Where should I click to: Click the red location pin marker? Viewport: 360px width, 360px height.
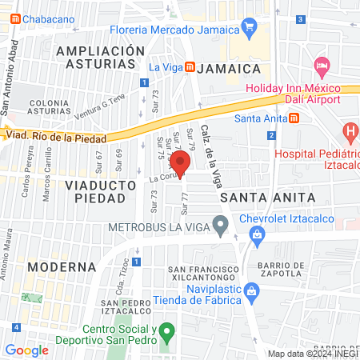(181, 162)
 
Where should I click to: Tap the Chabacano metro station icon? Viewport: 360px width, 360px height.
(14, 18)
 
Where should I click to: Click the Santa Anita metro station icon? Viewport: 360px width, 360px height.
(294, 119)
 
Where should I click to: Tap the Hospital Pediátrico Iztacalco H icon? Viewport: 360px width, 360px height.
(350, 130)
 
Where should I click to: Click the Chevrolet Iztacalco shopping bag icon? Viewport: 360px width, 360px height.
(256, 234)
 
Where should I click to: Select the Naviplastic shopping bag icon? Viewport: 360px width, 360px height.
(252, 290)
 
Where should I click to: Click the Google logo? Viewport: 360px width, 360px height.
(27, 350)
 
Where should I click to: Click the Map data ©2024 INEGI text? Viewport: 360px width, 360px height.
(312, 354)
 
